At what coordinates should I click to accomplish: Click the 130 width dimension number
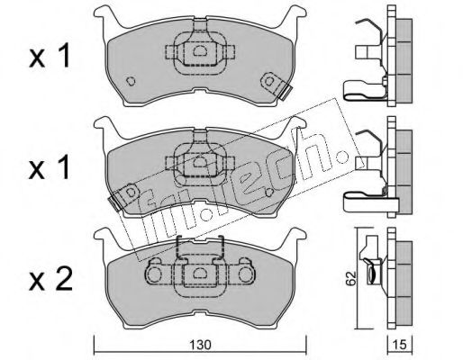(x=200, y=345)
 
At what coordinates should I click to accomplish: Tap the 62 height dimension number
(x=350, y=278)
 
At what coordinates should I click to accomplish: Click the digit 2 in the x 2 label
(x=63, y=279)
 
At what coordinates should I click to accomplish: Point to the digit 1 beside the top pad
(x=64, y=55)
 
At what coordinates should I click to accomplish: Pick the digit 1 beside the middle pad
(x=64, y=167)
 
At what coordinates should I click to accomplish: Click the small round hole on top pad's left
(x=131, y=81)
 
